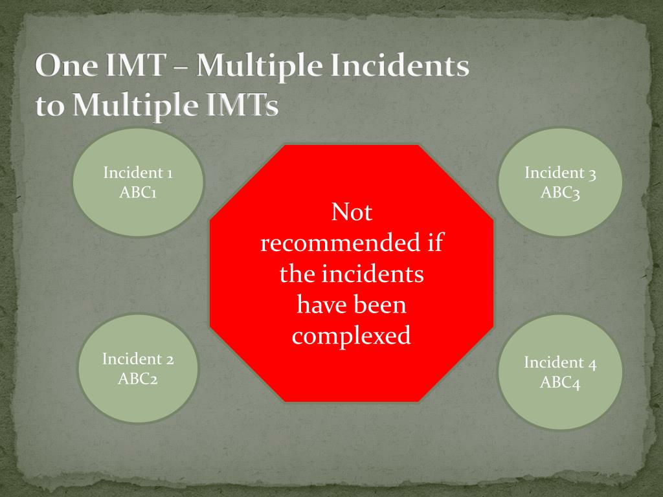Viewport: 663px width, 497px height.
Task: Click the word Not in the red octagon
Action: click(352, 212)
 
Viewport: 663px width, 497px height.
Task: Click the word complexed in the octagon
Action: click(352, 336)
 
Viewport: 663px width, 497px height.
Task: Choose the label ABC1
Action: click(138, 192)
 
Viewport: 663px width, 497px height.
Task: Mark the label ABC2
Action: click(138, 378)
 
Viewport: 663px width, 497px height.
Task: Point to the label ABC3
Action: click(560, 192)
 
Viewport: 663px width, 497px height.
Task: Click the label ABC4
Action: click(560, 382)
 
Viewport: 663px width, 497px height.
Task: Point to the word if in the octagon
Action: click(434, 243)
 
